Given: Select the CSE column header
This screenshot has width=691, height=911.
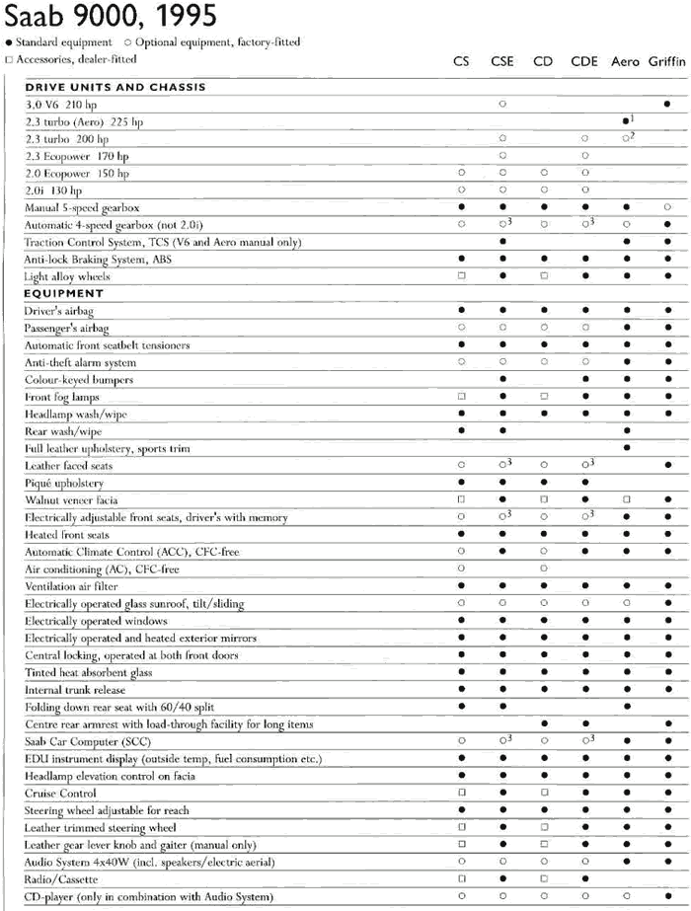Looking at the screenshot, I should [x=501, y=61].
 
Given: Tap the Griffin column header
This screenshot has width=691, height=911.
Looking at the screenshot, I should [x=668, y=61].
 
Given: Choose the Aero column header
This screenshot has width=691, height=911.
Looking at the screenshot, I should [x=625, y=61].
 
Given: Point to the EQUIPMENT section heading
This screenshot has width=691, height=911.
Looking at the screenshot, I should [x=64, y=293].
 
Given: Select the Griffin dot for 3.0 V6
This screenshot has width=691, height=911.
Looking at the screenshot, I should [x=668, y=104].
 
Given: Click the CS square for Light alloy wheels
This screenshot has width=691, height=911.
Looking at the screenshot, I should [x=461, y=276].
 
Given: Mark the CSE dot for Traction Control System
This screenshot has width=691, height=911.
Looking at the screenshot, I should [x=502, y=242].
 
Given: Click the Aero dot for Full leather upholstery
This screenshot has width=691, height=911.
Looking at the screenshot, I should [x=626, y=448].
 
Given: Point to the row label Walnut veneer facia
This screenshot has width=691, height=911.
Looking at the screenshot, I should [x=77, y=500].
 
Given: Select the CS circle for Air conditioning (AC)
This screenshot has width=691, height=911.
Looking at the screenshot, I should [x=461, y=569].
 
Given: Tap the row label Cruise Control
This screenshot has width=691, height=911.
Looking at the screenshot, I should [x=60, y=793].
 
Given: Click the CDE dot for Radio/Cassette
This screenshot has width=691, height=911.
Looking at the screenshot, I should [x=585, y=878].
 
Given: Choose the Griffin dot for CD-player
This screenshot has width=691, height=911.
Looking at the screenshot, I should [x=668, y=895].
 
